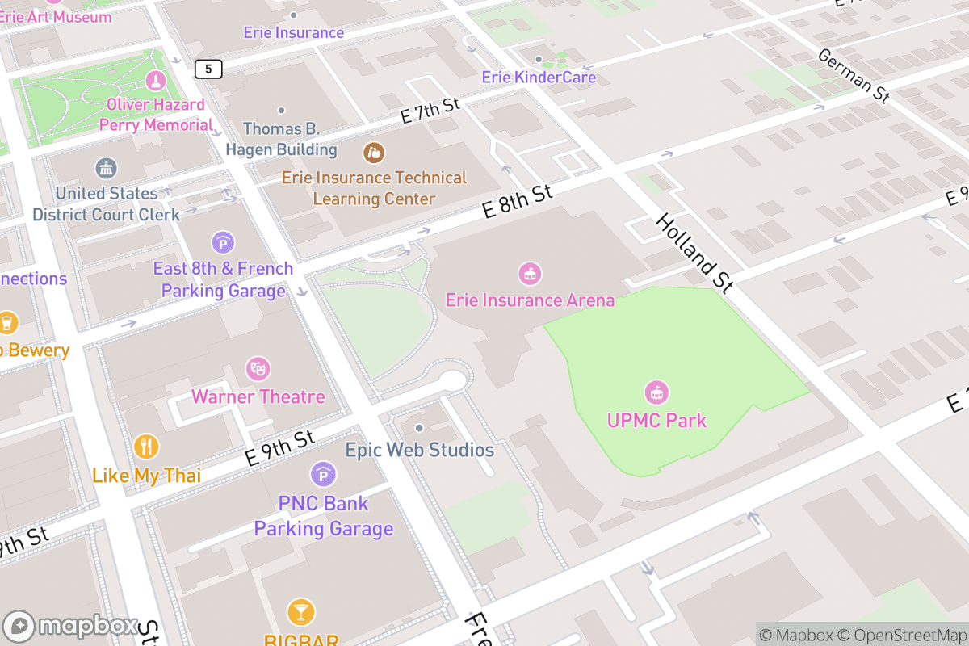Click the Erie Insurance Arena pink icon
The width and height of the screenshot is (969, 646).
(530, 273)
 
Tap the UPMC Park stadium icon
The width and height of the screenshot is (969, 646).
(656, 393)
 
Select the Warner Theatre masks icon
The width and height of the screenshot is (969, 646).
(258, 369)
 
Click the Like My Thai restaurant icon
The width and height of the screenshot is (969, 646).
(146, 447)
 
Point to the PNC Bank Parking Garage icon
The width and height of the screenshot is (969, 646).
(323, 474)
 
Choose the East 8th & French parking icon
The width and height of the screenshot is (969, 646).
(223, 241)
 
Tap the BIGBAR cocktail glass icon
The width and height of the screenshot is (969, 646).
(300, 611)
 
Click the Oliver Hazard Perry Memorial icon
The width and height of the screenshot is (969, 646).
(155, 81)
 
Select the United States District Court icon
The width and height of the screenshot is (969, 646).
(106, 169)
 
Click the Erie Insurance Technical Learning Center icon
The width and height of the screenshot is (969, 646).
(373, 151)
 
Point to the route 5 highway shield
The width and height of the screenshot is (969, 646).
(208, 69)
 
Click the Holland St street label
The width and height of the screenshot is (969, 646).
(694, 252)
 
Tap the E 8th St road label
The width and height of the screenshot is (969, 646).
(517, 202)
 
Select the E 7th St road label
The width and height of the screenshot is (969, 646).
(430, 111)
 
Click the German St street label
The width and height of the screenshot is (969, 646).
(854, 75)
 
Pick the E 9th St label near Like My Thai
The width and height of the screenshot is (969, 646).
(279, 447)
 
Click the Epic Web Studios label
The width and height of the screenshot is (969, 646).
(419, 449)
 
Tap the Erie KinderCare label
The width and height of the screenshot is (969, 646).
(539, 78)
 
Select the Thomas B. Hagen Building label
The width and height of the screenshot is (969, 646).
(281, 139)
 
